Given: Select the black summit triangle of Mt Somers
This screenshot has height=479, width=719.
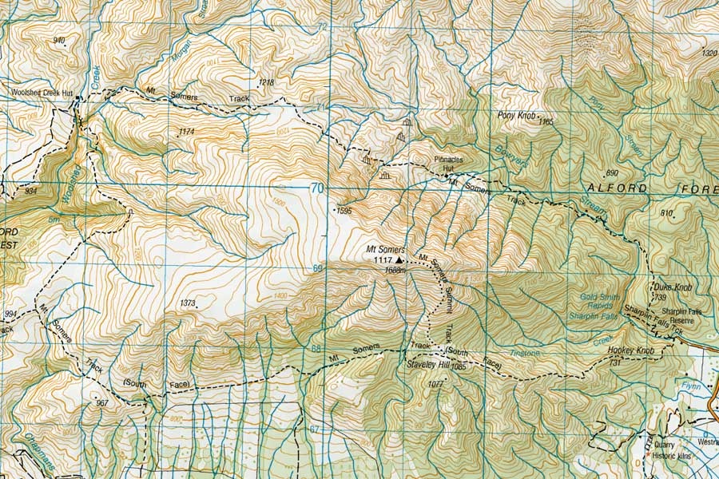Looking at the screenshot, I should point(399,259).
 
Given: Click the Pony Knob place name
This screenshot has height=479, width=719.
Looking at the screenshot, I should point(516,115).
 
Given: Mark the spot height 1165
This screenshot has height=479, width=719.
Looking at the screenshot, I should point(546,122).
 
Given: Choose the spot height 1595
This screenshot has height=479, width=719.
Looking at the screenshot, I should point(344,212).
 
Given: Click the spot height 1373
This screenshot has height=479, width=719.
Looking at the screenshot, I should point(189,303).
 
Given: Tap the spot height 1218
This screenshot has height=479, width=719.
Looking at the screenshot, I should point(267,82).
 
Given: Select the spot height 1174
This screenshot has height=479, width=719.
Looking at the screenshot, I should point(187,131).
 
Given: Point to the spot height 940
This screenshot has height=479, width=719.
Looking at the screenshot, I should point(58,40).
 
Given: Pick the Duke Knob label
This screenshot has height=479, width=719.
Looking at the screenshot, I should point(672,287).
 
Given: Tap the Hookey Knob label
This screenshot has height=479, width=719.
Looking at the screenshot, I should point(630,351).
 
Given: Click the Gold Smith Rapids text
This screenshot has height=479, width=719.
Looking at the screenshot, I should point(593,301).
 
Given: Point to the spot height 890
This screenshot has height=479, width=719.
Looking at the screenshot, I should point(613,173).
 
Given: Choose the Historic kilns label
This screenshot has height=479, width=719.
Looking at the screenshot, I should point(674,455).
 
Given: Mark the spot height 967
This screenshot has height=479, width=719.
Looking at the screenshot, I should point(101,403).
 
